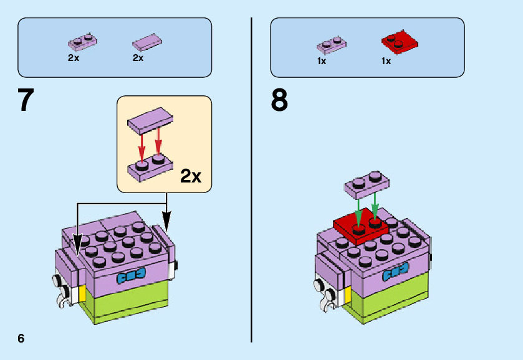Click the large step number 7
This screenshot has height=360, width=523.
(26, 100)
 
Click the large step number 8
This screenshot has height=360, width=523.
(279, 100)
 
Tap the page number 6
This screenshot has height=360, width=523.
(21, 338)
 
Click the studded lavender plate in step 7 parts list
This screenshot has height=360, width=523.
(82, 42)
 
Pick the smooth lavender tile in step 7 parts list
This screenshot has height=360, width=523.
(147, 42)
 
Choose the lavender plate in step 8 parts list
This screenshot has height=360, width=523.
(332, 45)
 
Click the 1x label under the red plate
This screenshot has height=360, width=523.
(386, 61)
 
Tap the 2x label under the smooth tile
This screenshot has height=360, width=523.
(138, 58)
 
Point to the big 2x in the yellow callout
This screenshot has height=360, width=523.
(191, 176)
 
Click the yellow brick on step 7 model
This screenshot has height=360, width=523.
(81, 293)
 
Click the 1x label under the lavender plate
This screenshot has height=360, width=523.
(322, 61)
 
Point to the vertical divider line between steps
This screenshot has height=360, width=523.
(252, 181)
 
